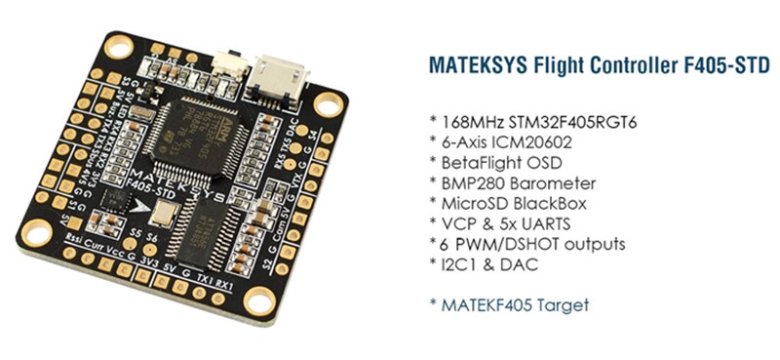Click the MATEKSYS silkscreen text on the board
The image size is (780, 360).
coord(204,185)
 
